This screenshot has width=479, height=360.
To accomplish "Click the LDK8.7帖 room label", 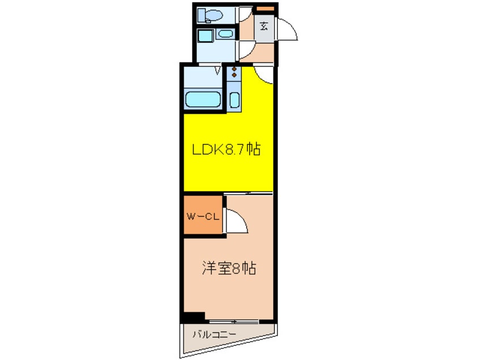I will pyautogui.click(x=226, y=150).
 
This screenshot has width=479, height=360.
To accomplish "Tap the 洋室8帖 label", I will pyautogui.click(x=229, y=268).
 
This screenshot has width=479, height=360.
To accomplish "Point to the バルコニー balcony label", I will pyautogui.click(x=212, y=334).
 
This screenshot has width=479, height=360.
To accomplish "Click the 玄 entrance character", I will pyautogui.click(x=264, y=25).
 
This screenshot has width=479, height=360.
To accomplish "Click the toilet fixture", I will pyautogui.click(x=213, y=15).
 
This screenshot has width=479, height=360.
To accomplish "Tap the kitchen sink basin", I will pyautogui.click(x=234, y=100).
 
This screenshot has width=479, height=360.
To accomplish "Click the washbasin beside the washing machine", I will pyautogui.click(x=225, y=34).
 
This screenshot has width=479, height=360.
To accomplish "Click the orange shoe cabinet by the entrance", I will pyautogui.click(x=264, y=8).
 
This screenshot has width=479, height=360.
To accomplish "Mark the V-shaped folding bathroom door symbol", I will pyautogui.click(x=217, y=70).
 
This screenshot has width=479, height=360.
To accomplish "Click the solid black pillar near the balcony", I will pyautogui.click(x=193, y=318).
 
